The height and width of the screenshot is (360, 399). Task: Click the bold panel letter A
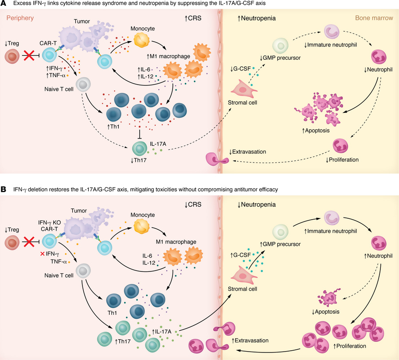click(4, 4)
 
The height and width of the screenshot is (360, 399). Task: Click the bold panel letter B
click(4, 190)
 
